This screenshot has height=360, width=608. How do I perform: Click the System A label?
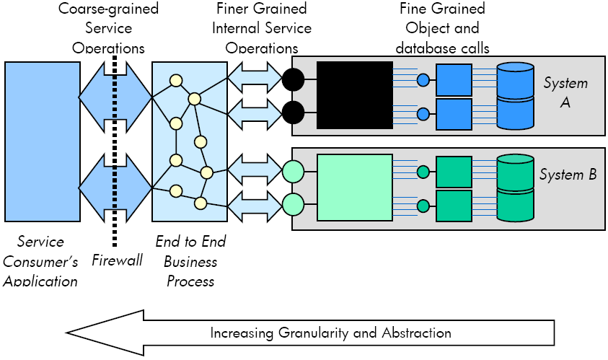[565, 92]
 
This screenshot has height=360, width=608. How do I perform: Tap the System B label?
[568, 175]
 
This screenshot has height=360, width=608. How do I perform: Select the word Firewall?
[117, 260]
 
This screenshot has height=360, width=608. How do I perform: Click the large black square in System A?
[355, 95]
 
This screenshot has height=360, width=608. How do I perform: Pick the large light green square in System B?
[355, 188]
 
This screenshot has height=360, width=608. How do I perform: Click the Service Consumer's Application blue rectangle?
[43, 142]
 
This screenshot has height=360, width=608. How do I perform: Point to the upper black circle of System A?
[293, 79]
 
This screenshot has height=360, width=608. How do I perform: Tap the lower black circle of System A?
[293, 113]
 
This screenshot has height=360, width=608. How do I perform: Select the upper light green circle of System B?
[293, 172]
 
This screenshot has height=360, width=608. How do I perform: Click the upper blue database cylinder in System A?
[516, 80]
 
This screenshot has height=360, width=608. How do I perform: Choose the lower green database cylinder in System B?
[516, 204]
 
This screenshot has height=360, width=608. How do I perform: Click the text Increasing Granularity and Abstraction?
[331, 333]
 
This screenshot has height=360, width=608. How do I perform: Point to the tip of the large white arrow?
[66, 333]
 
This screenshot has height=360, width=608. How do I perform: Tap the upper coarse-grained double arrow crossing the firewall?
[115, 97]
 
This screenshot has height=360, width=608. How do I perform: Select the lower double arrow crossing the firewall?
[115, 188]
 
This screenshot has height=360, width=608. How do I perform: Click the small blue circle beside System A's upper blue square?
[423, 80]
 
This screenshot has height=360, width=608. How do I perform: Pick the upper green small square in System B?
[454, 172]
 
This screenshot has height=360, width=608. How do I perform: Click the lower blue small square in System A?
[454, 114]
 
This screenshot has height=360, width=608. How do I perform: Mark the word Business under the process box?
[190, 261]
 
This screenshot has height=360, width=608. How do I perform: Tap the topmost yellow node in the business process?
[176, 81]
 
